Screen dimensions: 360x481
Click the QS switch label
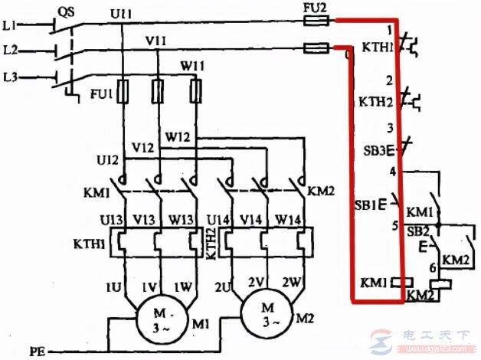coord(67,12)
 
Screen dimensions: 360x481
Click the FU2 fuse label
coord(316,10)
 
